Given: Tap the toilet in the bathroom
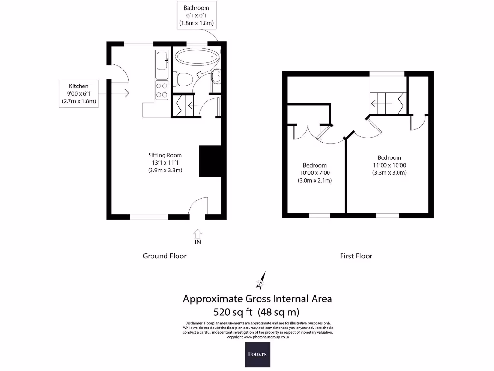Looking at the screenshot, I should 183,78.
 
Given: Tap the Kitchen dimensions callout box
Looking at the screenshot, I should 79,93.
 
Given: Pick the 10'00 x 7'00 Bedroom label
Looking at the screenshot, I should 315,172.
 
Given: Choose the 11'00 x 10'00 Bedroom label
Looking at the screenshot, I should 389,165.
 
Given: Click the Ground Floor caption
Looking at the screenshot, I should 165,256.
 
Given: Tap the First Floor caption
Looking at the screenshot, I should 356,256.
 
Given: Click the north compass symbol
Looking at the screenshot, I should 260,279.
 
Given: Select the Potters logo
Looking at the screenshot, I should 257,354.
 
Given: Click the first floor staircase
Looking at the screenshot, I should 387,102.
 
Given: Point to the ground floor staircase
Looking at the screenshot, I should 184,106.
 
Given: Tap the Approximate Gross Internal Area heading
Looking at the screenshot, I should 257,299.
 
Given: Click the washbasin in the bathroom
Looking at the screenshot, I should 216,76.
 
